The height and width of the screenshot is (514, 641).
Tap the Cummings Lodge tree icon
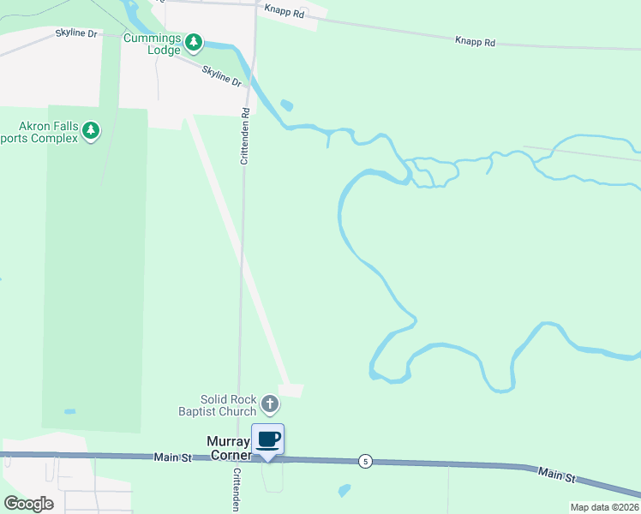[195, 41]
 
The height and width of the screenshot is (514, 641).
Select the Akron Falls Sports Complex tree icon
[91, 131]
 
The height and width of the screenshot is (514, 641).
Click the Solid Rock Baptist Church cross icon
[270, 403]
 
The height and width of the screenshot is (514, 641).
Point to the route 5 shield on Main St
[366, 462]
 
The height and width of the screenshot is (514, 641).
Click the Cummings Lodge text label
[153, 45]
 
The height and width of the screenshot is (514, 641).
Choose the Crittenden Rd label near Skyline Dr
[244, 135]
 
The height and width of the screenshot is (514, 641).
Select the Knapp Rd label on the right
[476, 41]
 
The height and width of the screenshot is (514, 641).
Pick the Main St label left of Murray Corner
[173, 458]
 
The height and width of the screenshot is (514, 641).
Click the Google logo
[28, 503]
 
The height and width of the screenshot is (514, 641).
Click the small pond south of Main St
[344, 491]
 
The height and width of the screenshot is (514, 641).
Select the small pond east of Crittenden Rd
[286, 106]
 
